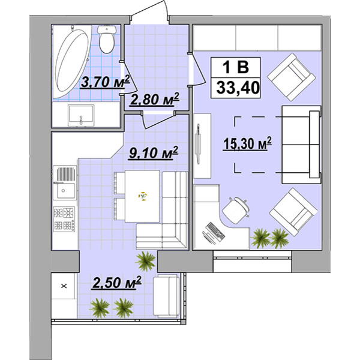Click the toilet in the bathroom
(x=107, y=39)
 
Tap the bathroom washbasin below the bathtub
(x=81, y=115)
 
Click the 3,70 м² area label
(x=105, y=82)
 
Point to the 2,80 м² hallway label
(x=154, y=100)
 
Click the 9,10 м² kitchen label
(x=154, y=152)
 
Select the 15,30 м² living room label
(x=247, y=144)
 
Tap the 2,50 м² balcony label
(x=116, y=283)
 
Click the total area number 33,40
(x=238, y=88)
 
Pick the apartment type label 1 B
(x=236, y=67)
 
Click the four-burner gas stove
(x=64, y=219)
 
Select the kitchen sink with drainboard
(x=65, y=182)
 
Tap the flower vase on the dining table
(x=143, y=196)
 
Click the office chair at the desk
(x=236, y=210)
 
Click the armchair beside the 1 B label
(x=292, y=77)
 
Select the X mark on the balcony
(x=64, y=286)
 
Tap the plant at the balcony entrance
(x=146, y=261)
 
